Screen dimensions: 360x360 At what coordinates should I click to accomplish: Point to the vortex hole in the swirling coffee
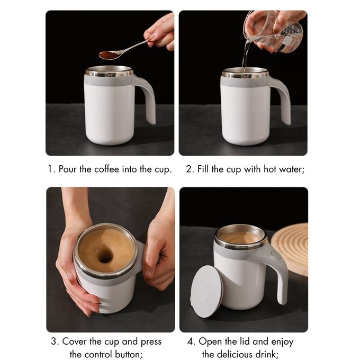click(105, 256)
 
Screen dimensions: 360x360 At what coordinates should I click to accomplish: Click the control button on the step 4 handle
click(275, 255)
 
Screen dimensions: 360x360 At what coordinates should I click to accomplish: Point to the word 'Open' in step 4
click(211, 341)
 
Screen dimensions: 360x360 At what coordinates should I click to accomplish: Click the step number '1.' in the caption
click(51, 169)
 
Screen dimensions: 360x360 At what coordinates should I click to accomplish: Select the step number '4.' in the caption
click(191, 341)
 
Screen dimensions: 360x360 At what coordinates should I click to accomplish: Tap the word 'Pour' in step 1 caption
click(68, 169)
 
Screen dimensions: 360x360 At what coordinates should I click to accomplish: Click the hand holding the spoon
click(160, 32)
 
